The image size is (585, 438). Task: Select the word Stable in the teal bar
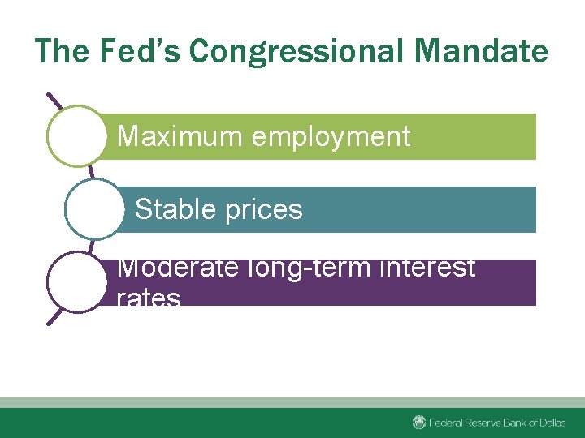(x=170, y=209)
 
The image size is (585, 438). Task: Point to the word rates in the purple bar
(x=149, y=298)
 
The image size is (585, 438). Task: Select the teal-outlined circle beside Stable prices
(x=94, y=209)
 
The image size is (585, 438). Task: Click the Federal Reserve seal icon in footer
(x=419, y=422)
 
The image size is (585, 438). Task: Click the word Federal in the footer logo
(x=447, y=423)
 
